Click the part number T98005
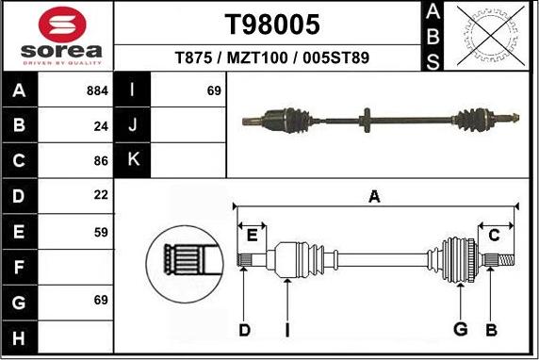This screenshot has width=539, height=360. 271,24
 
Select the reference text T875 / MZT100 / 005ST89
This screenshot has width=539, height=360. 272,57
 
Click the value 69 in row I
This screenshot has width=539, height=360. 213,91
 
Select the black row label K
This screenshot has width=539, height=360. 133,160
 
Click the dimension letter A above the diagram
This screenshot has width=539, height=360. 374,196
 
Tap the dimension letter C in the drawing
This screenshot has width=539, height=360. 493,236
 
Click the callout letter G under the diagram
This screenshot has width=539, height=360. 461,329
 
